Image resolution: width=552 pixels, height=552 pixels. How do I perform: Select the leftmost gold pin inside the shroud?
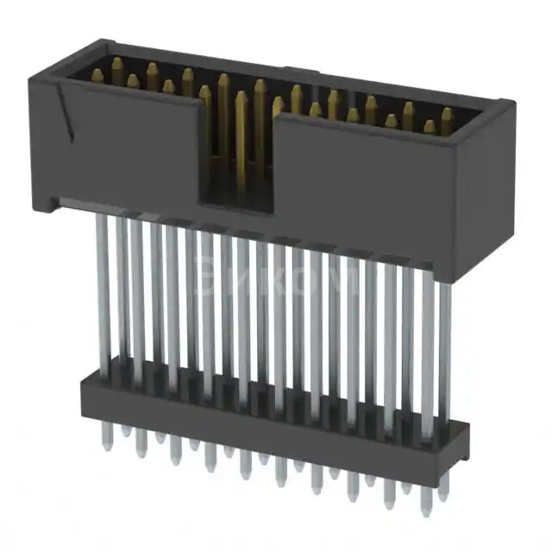click(97, 76)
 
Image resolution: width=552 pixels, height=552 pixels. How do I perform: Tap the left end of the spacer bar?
click(86, 397)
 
